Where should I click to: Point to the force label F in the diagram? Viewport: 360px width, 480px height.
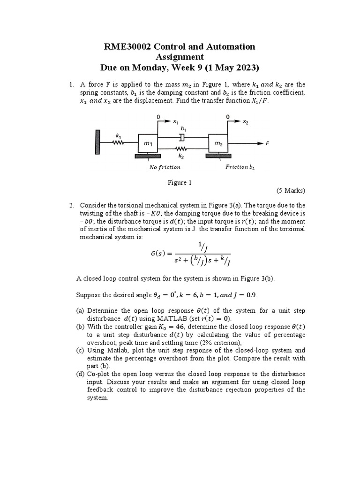tap(267, 144)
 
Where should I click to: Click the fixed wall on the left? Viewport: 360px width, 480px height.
tap(97, 141)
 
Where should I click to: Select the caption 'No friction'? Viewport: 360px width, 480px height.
tap(165, 167)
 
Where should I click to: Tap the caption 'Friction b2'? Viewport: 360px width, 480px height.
tap(240, 166)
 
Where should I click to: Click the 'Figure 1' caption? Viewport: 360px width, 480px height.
tap(180, 182)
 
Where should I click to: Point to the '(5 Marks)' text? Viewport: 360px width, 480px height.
tap(290, 190)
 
